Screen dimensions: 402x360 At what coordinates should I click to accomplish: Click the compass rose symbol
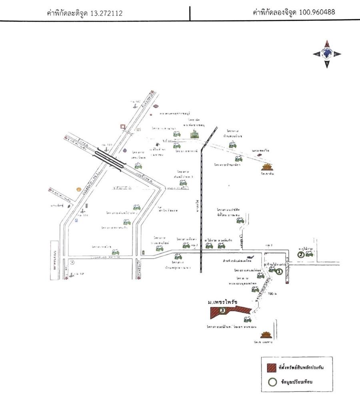[x=327, y=54]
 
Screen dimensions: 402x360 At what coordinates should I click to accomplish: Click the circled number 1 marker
[x=279, y=272]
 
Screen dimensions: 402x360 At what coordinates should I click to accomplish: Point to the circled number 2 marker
[x=300, y=254]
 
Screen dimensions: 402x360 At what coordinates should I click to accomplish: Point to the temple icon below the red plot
[x=266, y=334]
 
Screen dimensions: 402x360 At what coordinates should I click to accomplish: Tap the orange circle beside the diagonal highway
[x=79, y=189]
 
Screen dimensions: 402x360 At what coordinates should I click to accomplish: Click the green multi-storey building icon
[x=195, y=134]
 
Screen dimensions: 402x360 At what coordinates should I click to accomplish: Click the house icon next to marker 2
[x=309, y=254]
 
